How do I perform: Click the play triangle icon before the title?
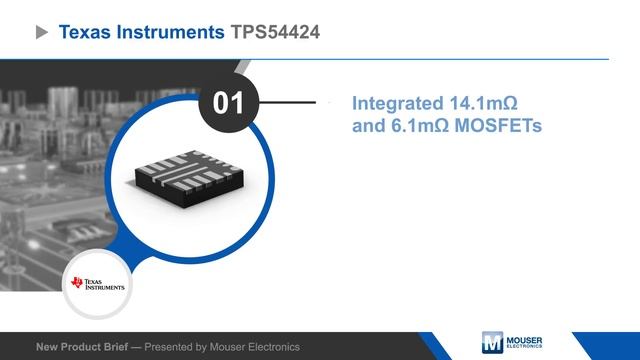(x=42, y=33)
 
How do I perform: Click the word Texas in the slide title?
(x=86, y=33)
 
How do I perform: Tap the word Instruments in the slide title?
(x=170, y=33)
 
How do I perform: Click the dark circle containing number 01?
(x=229, y=103)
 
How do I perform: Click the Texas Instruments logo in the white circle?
(x=98, y=283)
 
